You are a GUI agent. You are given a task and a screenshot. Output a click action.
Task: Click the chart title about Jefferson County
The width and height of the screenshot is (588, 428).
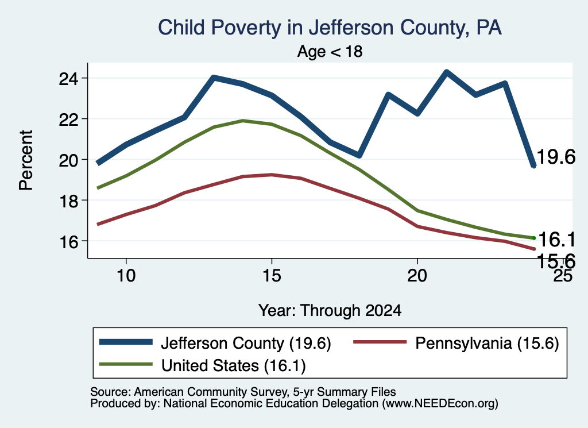point(330,28)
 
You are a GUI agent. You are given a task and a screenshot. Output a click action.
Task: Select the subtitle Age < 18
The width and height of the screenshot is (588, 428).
point(330,51)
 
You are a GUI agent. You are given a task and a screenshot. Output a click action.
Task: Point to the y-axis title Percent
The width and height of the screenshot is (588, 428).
point(26,160)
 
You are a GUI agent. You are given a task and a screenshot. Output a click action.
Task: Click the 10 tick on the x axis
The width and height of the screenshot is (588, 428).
point(126,276)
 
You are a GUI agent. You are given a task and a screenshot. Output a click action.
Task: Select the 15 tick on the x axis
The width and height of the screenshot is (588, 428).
point(272,276)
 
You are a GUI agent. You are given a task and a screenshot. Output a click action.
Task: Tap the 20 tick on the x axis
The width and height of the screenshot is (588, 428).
point(417,276)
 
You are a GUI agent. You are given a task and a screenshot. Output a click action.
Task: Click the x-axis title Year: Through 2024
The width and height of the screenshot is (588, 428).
point(330,311)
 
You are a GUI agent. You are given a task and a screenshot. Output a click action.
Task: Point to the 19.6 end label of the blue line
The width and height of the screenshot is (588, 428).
point(556,156)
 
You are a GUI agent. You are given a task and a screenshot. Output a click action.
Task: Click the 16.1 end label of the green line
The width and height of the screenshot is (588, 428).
point(556,240)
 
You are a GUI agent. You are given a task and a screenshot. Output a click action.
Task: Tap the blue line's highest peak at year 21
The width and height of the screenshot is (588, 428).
point(446,72)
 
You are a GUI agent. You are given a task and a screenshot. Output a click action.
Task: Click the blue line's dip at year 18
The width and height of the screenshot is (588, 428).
point(359,155)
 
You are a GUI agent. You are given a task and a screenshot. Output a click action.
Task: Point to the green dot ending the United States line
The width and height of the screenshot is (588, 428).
point(533,238)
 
